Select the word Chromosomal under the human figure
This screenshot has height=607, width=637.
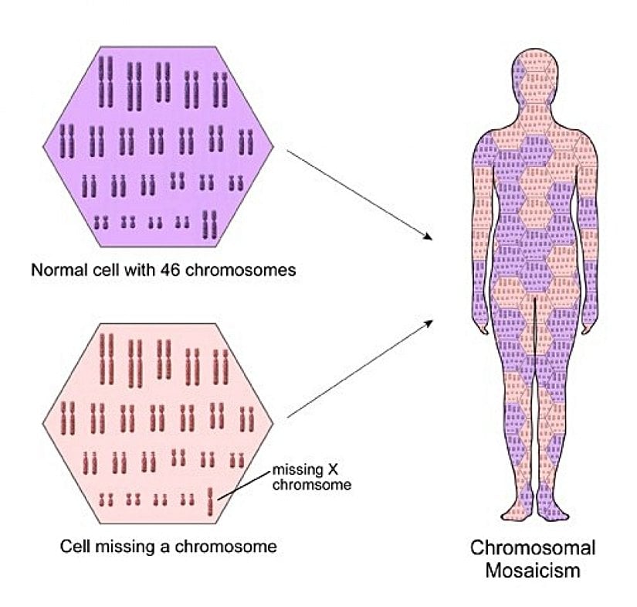(x=533, y=548)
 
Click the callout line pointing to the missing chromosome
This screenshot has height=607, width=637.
(x=243, y=487)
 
